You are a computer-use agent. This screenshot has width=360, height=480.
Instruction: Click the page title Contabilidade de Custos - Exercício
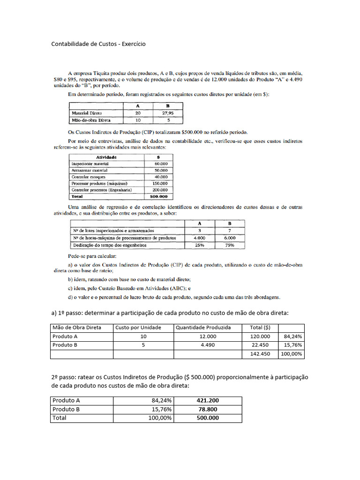click(x=98, y=44)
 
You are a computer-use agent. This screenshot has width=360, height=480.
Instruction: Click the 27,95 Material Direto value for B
click(x=167, y=113)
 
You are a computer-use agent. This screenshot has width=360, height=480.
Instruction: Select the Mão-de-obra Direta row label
click(x=91, y=120)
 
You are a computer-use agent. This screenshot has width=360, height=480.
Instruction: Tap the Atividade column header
click(x=106, y=157)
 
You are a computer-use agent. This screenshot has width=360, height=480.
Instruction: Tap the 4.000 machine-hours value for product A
click(x=200, y=238)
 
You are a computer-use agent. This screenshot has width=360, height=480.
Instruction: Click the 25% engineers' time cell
click(x=200, y=245)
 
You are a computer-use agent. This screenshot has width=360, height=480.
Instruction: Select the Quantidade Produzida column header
click(x=203, y=327)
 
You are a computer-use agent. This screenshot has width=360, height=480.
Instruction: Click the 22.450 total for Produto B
click(x=260, y=345)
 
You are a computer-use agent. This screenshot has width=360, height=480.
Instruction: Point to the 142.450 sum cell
click(x=260, y=354)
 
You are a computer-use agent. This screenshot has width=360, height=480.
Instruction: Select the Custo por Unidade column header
click(x=138, y=327)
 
